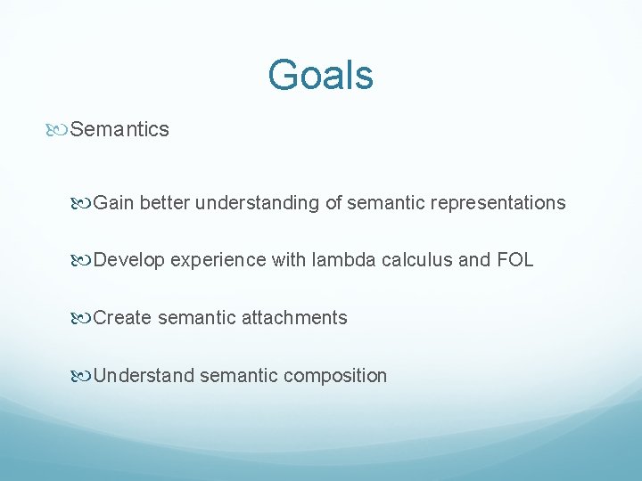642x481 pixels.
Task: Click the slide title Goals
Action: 320,75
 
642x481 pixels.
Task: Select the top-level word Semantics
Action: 119,129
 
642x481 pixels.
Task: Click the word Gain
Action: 113,203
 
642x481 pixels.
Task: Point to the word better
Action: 165,203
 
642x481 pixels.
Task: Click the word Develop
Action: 128,260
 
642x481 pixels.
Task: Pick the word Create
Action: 122,318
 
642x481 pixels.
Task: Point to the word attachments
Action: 295,318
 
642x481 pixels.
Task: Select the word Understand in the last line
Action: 144,376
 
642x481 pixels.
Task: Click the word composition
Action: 335,376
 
